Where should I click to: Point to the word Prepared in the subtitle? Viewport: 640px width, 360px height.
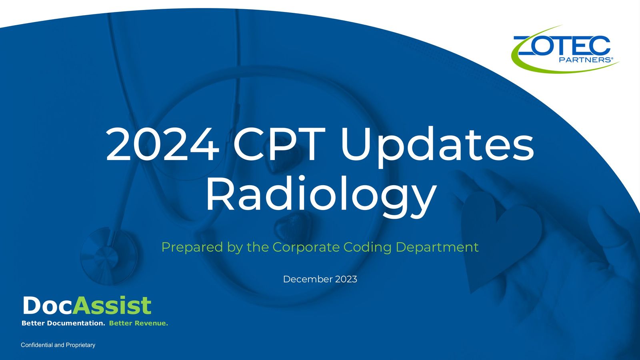click(x=192, y=248)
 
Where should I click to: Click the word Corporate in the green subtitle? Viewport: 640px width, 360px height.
click(x=306, y=248)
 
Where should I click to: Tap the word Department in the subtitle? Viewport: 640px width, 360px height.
click(x=437, y=248)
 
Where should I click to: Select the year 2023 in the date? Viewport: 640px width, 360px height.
click(x=346, y=279)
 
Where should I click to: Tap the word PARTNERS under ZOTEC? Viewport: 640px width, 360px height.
click(x=585, y=60)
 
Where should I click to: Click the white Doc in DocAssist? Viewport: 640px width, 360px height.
click(x=47, y=306)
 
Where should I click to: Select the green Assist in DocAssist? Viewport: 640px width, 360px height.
click(x=112, y=306)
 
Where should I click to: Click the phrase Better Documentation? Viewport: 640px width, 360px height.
click(x=64, y=323)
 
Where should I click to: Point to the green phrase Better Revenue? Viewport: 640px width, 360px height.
click(x=138, y=323)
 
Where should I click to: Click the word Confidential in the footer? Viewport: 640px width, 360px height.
click(x=37, y=345)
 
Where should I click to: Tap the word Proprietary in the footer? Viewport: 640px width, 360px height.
click(x=80, y=345)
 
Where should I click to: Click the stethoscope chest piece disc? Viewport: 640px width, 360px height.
click(x=108, y=256)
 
